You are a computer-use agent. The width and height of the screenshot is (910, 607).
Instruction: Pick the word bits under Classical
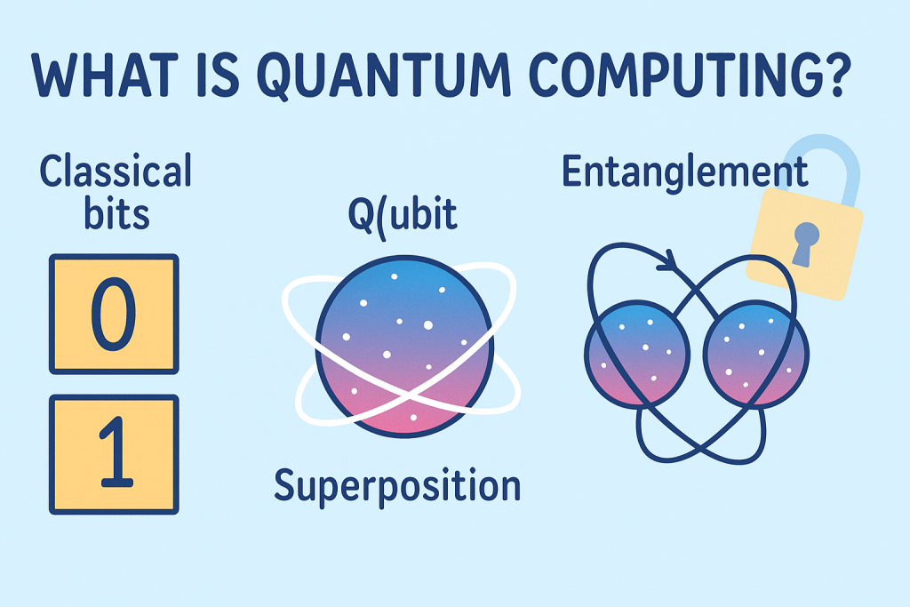pyautogui.click(x=115, y=217)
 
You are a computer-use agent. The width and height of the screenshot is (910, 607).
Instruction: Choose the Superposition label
pyautogui.click(x=396, y=486)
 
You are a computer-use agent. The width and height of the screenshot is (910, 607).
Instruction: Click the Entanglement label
pyautogui.click(x=684, y=172)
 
